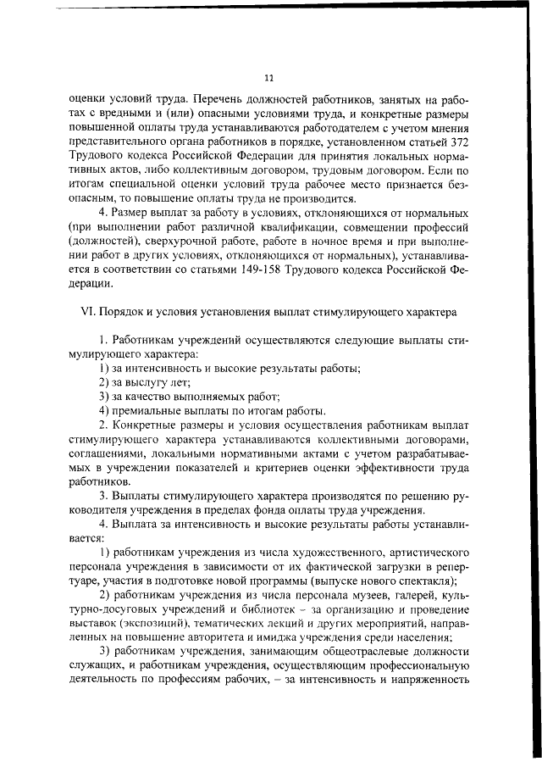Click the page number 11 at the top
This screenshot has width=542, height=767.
coord(270,78)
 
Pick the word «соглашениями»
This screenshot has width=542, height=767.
coord(103,453)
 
